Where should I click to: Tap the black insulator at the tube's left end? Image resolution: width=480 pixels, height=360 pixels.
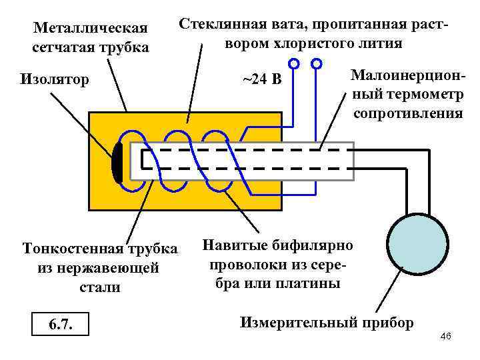coord(117,162)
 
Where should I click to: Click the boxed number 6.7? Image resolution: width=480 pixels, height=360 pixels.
coord(61,325)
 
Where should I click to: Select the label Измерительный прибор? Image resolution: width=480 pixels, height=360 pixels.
coord(326,323)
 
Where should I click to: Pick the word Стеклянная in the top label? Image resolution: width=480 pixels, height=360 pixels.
coord(220,25)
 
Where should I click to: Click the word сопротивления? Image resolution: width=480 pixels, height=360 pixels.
coord(407,113)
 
